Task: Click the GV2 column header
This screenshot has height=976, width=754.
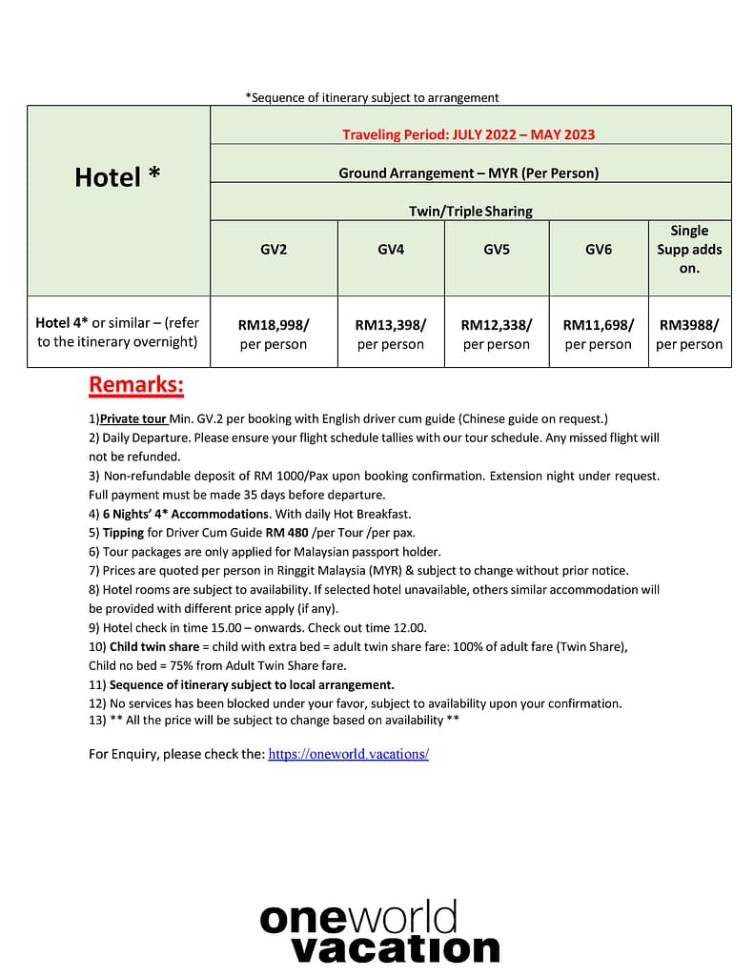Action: click(x=274, y=250)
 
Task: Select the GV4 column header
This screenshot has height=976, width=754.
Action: click(x=391, y=250)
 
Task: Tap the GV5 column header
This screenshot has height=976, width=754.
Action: click(x=497, y=250)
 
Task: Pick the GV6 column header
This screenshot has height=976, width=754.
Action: click(x=598, y=250)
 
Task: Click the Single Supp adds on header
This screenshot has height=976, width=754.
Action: click(x=689, y=250)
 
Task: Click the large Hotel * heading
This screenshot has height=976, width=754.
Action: click(x=117, y=177)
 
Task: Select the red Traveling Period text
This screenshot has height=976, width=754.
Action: click(x=468, y=134)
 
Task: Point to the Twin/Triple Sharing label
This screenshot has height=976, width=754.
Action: click(x=470, y=211)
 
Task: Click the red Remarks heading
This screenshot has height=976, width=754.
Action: click(x=135, y=385)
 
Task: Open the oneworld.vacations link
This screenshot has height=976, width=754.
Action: click(x=348, y=754)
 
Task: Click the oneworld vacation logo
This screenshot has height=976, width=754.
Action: click(x=378, y=932)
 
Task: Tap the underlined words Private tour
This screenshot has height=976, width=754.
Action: click(x=134, y=418)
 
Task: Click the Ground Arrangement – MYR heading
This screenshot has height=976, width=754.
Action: click(x=468, y=173)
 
